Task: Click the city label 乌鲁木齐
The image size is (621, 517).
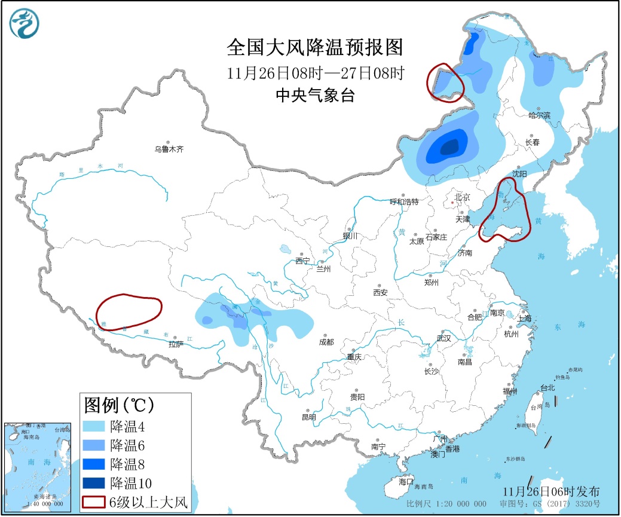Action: click(169, 149)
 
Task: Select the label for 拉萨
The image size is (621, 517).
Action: click(175, 344)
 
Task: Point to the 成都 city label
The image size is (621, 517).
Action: click(326, 342)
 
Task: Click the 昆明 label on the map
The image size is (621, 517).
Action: click(308, 417)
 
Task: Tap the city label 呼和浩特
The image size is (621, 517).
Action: click(403, 202)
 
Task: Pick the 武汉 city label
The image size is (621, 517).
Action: click(443, 338)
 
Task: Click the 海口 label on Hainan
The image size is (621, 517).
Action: click(406, 481)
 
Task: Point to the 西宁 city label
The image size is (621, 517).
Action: click(302, 261)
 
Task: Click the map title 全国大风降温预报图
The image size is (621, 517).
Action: click(316, 47)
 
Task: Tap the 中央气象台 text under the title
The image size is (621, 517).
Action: click(315, 94)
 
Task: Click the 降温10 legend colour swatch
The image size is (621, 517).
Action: click(94, 482)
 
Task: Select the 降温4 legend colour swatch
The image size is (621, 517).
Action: click(94, 426)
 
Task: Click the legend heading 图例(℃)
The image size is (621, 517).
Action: click(120, 405)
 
